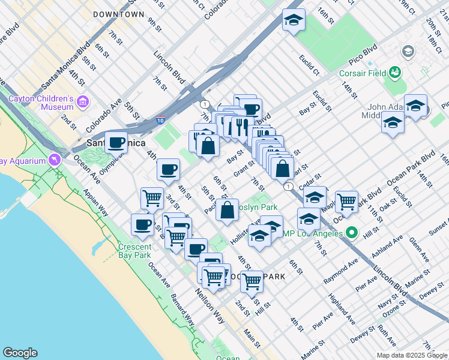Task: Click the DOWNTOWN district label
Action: [119, 14]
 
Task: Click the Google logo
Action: [20, 353]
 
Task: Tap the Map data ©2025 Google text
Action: [412, 355]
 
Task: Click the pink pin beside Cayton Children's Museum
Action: [82, 102]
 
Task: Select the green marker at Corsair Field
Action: [394, 73]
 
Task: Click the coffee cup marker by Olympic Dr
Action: [116, 143]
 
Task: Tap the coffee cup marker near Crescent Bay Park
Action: [142, 224]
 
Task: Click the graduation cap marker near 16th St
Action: [294, 19]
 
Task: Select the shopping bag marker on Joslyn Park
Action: [228, 211]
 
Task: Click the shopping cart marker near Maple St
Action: [346, 202]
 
